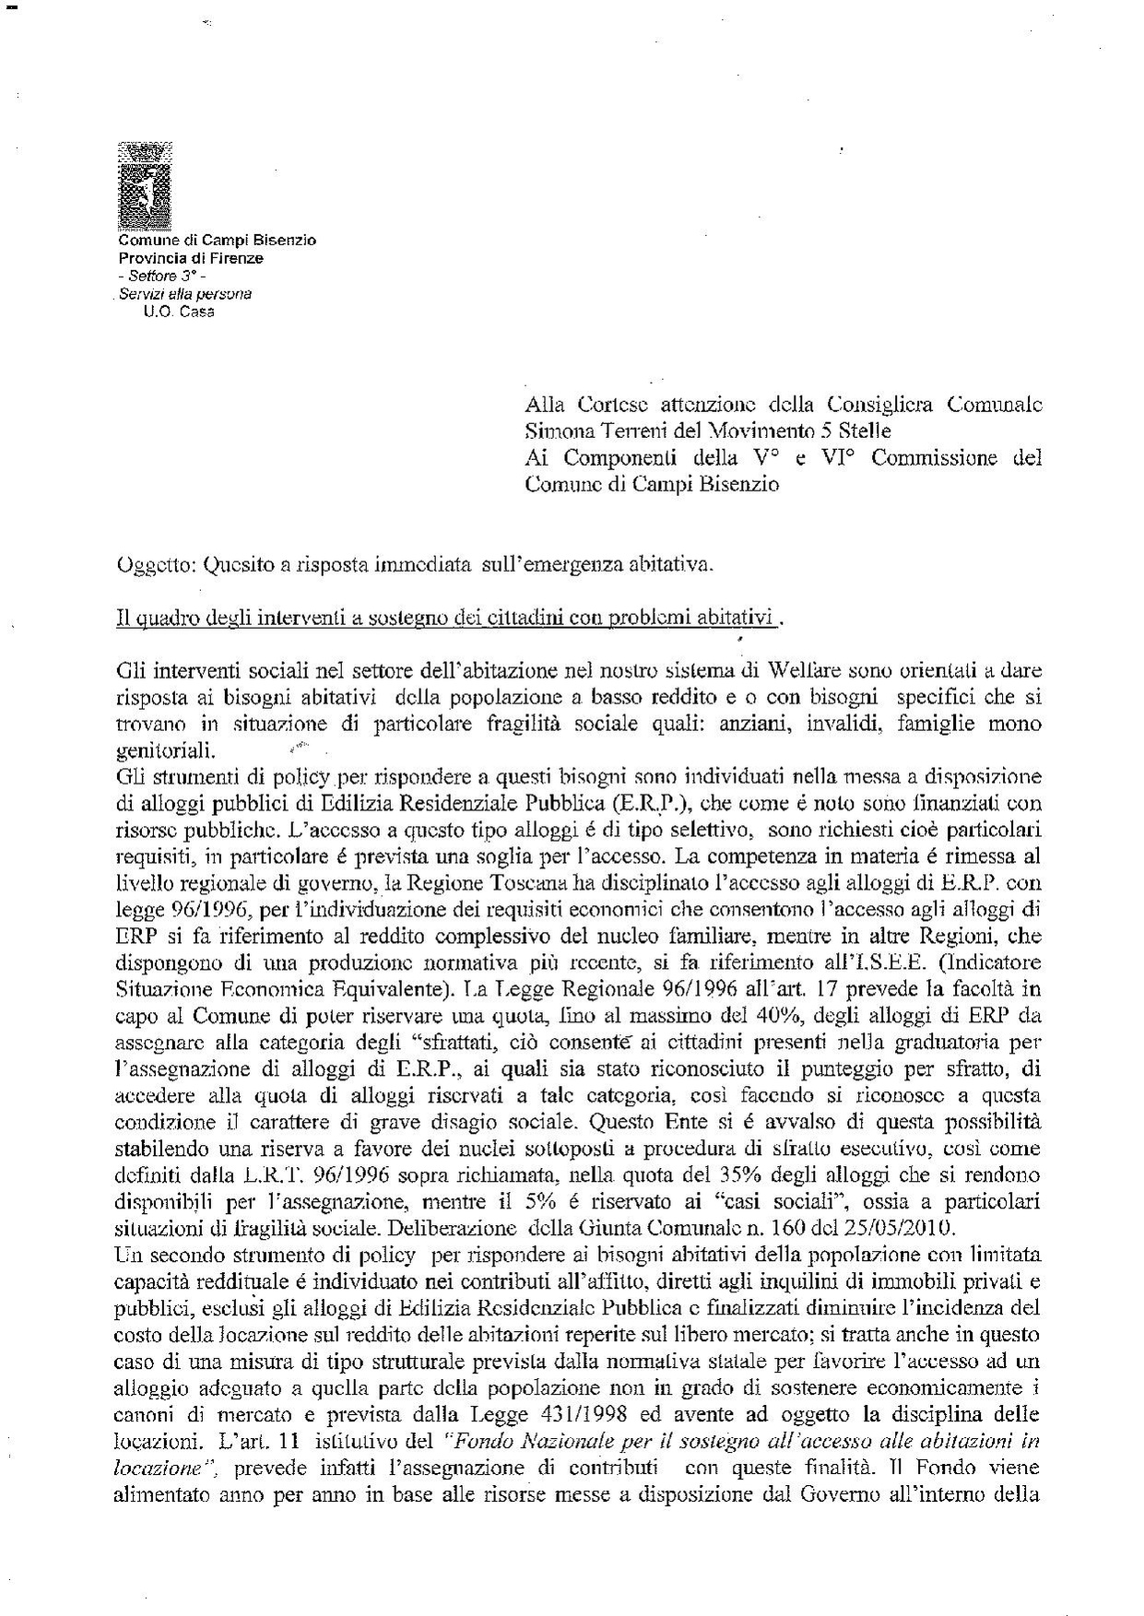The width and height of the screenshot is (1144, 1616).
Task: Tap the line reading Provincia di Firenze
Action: [190, 258]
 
